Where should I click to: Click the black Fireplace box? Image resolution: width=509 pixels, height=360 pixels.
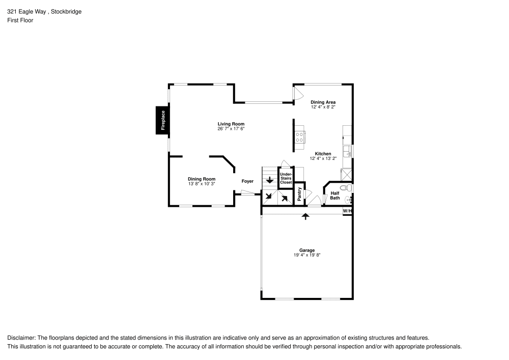click(163, 121)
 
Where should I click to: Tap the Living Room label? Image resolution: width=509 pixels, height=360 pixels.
click(231, 124)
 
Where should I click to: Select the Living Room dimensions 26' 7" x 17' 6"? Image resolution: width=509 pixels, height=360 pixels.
click(231, 129)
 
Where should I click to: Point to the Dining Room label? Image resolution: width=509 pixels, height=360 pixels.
click(202, 179)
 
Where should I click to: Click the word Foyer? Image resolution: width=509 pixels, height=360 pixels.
click(247, 181)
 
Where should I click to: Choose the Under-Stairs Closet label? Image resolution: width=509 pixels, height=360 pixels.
click(286, 178)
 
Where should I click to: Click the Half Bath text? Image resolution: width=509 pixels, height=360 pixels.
click(334, 195)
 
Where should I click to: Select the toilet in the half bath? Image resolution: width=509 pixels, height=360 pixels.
click(344, 188)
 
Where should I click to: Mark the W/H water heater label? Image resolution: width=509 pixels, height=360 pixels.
click(347, 210)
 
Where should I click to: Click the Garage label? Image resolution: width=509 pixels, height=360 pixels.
click(306, 250)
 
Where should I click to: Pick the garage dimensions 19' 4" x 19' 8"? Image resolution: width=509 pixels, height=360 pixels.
click(306, 255)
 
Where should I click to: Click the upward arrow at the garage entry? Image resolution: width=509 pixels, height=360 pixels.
click(305, 216)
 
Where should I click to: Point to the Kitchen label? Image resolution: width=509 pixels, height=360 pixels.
click(323, 154)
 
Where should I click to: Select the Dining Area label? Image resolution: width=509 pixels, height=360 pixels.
click(323, 102)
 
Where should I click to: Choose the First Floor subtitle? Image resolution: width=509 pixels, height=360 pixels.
click(20, 20)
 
